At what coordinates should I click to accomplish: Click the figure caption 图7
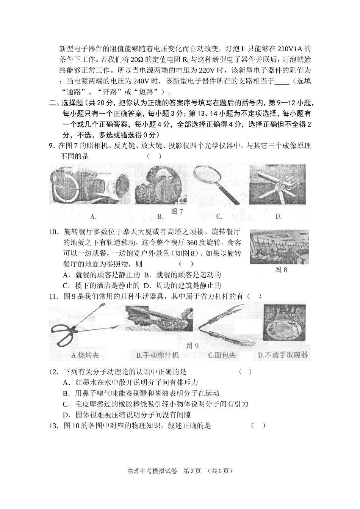tap(177, 212)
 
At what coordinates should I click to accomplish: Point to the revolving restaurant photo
tap(279, 247)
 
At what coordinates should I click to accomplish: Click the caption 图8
tap(281, 270)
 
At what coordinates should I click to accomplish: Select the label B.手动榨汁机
tap(157, 355)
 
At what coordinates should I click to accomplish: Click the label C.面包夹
tap(222, 355)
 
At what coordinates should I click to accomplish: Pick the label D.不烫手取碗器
tap(283, 355)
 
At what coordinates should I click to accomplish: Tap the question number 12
tap(54, 372)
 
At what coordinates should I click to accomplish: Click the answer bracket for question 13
tap(258, 426)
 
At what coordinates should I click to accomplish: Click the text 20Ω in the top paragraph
tap(137, 60)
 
